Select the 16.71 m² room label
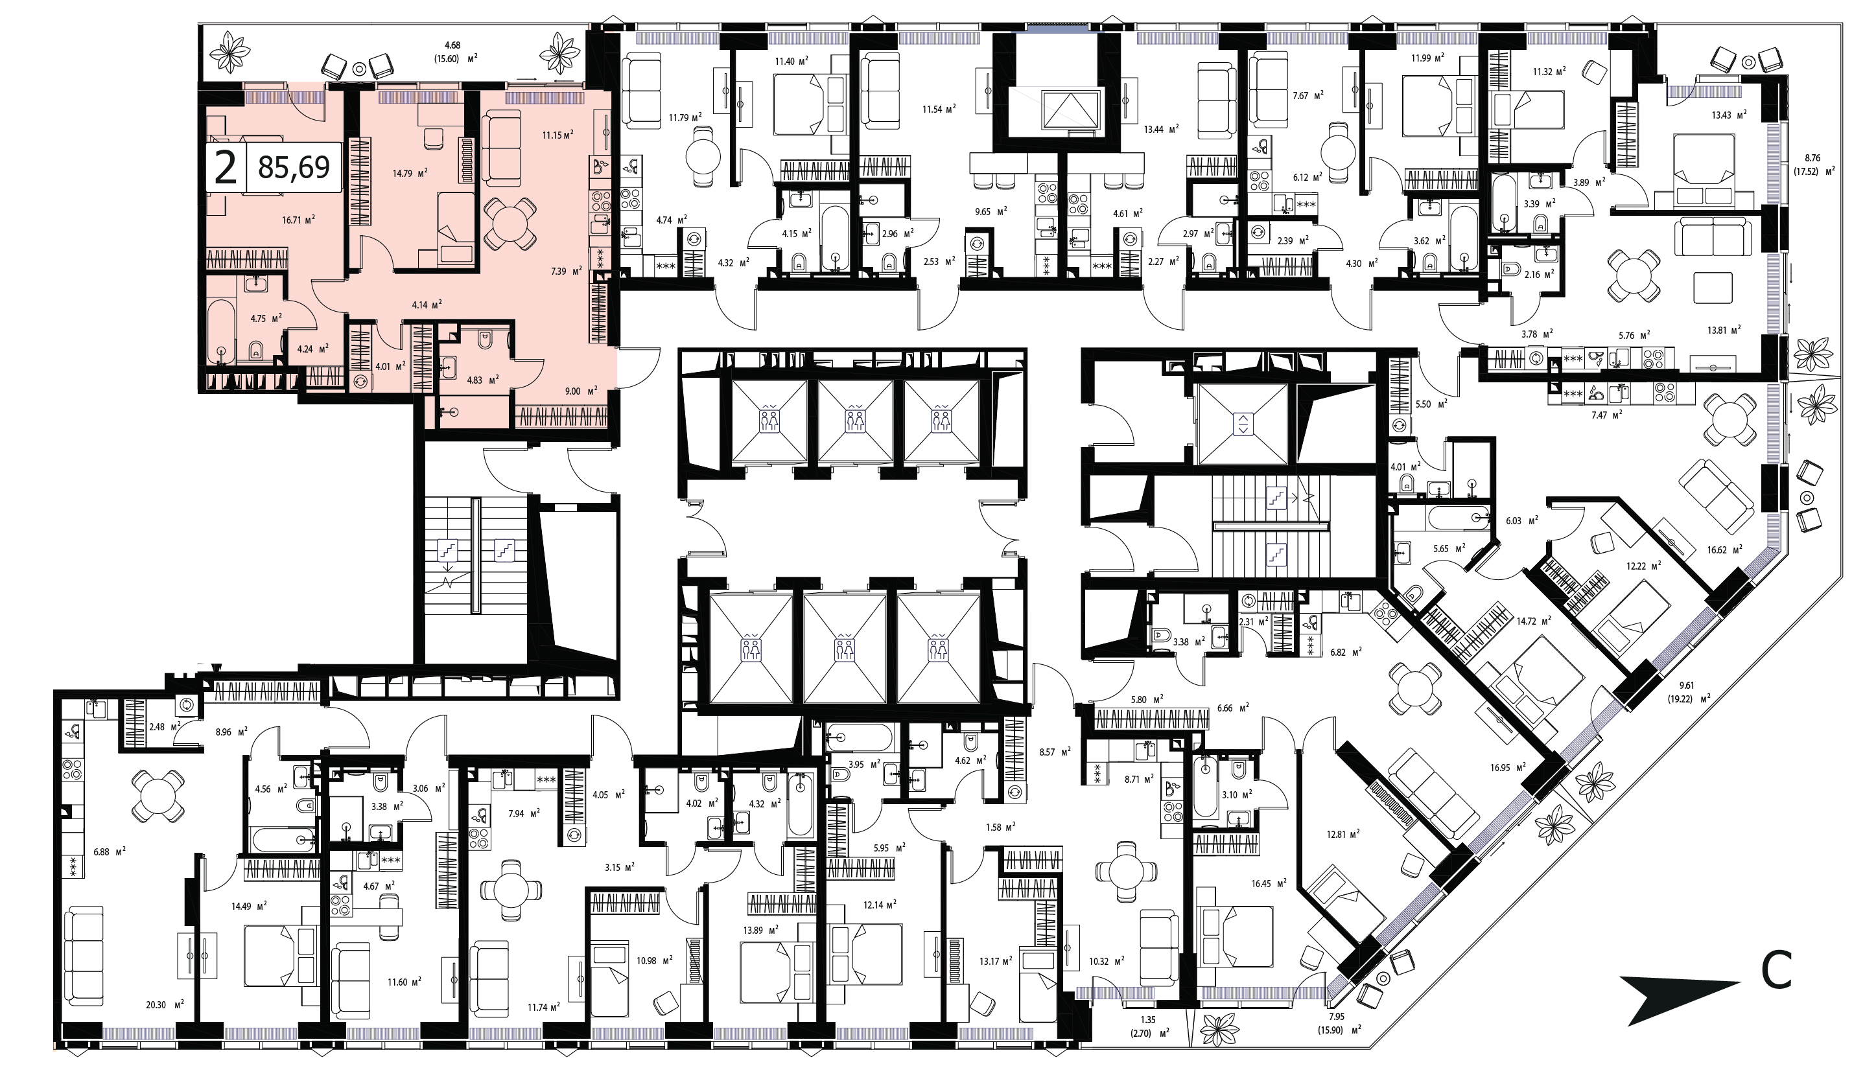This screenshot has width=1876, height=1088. click(x=299, y=220)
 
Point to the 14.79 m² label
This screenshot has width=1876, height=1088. click(x=410, y=174)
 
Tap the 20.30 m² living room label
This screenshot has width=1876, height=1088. click(x=165, y=1004)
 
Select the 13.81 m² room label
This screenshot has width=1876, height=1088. click(x=1720, y=330)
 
